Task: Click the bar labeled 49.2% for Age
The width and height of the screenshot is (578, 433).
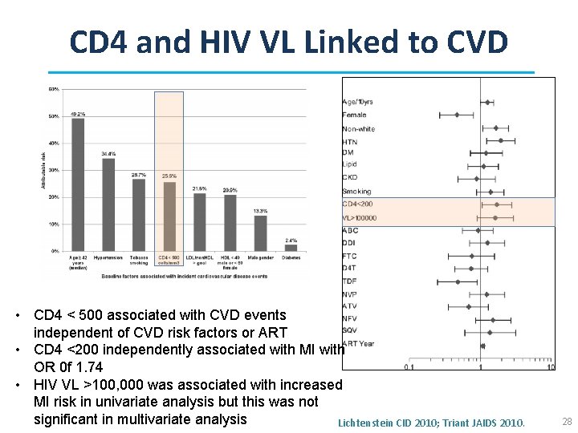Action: [x=78, y=184]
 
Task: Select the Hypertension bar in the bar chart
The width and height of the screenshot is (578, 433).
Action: [x=108, y=204]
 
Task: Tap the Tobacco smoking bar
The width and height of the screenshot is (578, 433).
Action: [x=139, y=215]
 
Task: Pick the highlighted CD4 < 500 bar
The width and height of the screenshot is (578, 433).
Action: [x=169, y=216]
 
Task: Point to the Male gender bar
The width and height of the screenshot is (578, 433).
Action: [x=260, y=233]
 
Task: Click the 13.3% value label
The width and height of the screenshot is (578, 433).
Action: [x=260, y=211]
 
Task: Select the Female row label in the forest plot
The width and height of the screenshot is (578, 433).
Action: [x=354, y=115]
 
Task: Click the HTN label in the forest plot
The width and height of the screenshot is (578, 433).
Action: [x=349, y=142]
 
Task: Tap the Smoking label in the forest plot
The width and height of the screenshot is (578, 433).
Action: [x=356, y=191]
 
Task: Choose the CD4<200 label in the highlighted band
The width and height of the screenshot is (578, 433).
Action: [x=358, y=204]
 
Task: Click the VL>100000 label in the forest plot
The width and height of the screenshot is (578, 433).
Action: [x=360, y=217]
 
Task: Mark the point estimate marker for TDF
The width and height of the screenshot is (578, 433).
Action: [x=458, y=281]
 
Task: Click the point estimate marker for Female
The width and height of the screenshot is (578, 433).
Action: [x=457, y=115]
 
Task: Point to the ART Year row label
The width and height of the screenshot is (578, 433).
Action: [x=358, y=344]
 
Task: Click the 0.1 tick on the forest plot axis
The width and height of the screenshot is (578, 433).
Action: [x=409, y=367]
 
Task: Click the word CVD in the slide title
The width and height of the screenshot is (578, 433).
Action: [x=473, y=42]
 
